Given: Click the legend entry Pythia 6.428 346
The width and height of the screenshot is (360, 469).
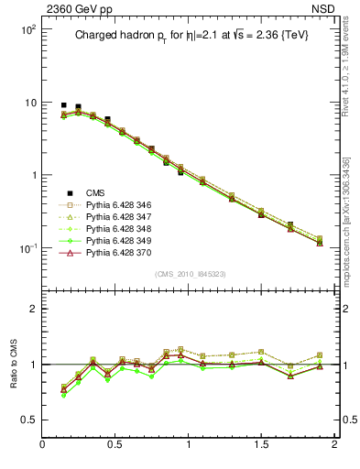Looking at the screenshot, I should coord(115,207).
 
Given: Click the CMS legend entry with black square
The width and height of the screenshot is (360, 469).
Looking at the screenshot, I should coord(95,193).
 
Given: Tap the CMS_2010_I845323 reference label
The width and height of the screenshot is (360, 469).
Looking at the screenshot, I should coord(188,274).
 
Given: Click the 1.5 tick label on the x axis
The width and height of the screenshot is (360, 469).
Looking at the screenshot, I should coord(261,445).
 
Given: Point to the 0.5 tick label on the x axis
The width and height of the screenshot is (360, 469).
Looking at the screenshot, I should coord(115,445).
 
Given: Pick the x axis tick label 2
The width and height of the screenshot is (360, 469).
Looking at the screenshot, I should coord(334,445).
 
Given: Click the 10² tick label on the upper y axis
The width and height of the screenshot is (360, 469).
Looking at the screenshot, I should coord(27,29).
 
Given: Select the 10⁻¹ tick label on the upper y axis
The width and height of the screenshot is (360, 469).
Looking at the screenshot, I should coord(27,248).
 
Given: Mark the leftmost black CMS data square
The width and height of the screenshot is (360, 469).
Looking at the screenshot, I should coord(63,105).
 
